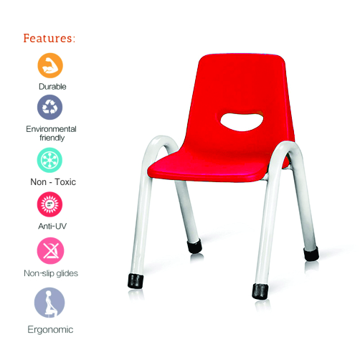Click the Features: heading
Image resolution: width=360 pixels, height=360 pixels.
click(49, 38)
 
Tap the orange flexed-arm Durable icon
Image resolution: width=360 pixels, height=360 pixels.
click(50, 65)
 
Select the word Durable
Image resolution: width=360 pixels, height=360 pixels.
click(52, 87)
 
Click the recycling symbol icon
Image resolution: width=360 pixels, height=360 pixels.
click(49, 107)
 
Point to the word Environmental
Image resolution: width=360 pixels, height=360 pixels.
click(51, 129)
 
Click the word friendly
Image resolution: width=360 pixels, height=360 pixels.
click(52, 138)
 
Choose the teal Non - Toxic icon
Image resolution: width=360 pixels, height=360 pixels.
click(49, 160)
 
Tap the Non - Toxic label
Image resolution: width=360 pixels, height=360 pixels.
click(53, 182)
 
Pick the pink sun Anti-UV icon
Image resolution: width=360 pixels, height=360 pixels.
click(49, 204)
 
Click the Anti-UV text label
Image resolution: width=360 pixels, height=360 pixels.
click(52, 226)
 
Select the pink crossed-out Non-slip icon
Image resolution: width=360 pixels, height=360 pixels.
click(50, 251)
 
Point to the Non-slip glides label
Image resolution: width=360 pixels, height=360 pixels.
click(51, 273)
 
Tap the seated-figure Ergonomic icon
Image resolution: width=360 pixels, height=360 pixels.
click(49, 303)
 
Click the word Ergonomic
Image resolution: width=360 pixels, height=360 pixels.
click(50, 330)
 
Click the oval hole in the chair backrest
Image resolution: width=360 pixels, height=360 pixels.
click(242, 122)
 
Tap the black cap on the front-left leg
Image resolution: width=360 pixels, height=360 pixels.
click(136, 281)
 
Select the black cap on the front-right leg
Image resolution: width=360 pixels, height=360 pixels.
click(260, 291)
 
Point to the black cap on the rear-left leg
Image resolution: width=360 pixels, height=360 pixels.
click(194, 246)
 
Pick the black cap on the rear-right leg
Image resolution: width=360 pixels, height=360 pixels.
click(311, 254)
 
